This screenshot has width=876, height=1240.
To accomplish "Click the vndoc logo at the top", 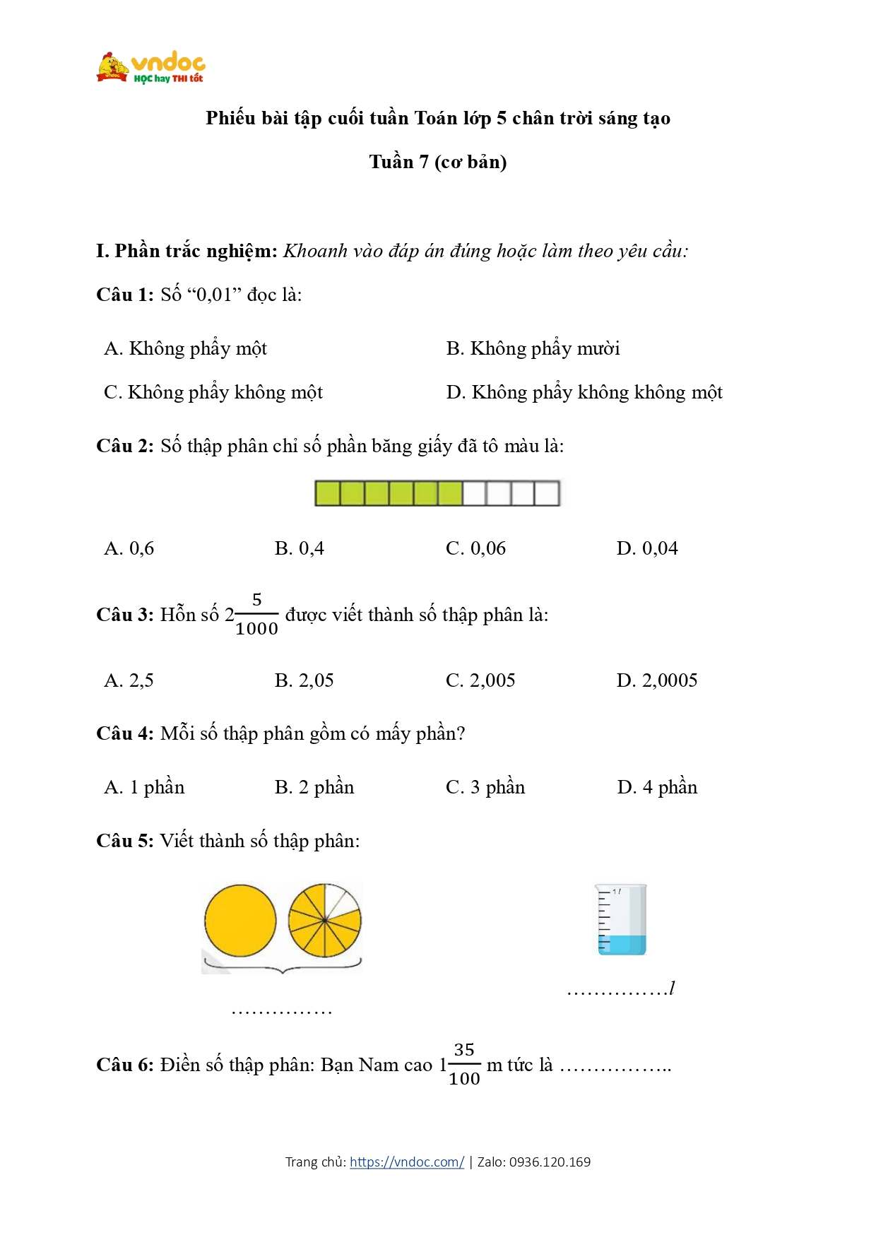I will tap(150, 68).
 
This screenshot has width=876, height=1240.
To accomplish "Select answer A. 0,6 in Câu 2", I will tap(129, 548).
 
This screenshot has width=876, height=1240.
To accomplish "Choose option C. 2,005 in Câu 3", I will tap(480, 680).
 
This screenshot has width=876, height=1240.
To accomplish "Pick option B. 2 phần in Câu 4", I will tap(314, 787).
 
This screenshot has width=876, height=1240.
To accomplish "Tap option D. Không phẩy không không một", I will tap(584, 392).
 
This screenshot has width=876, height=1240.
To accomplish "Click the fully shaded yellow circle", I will tap(240, 921).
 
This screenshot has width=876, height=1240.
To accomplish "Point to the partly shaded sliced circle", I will tap(325, 921).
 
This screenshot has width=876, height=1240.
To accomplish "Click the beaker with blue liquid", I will tap(621, 919).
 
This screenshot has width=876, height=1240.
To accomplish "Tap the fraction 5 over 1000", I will tap(256, 615).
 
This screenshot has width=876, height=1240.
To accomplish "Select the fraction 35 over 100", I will tap(464, 1064).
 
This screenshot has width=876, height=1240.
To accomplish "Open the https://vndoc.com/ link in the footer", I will tap(407, 1162).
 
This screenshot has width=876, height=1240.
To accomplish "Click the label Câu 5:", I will tap(124, 841).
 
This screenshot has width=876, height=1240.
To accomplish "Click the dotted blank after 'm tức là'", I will tap(615, 1066).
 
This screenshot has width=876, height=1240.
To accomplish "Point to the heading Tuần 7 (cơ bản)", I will tap(438, 162).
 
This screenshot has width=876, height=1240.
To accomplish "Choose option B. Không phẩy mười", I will tap(533, 348).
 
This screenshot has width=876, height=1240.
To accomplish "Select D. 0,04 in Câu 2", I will tap(647, 548).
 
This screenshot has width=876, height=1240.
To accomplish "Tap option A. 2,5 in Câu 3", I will tap(129, 680).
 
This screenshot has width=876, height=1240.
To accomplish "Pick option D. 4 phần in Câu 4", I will tap(657, 787).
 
